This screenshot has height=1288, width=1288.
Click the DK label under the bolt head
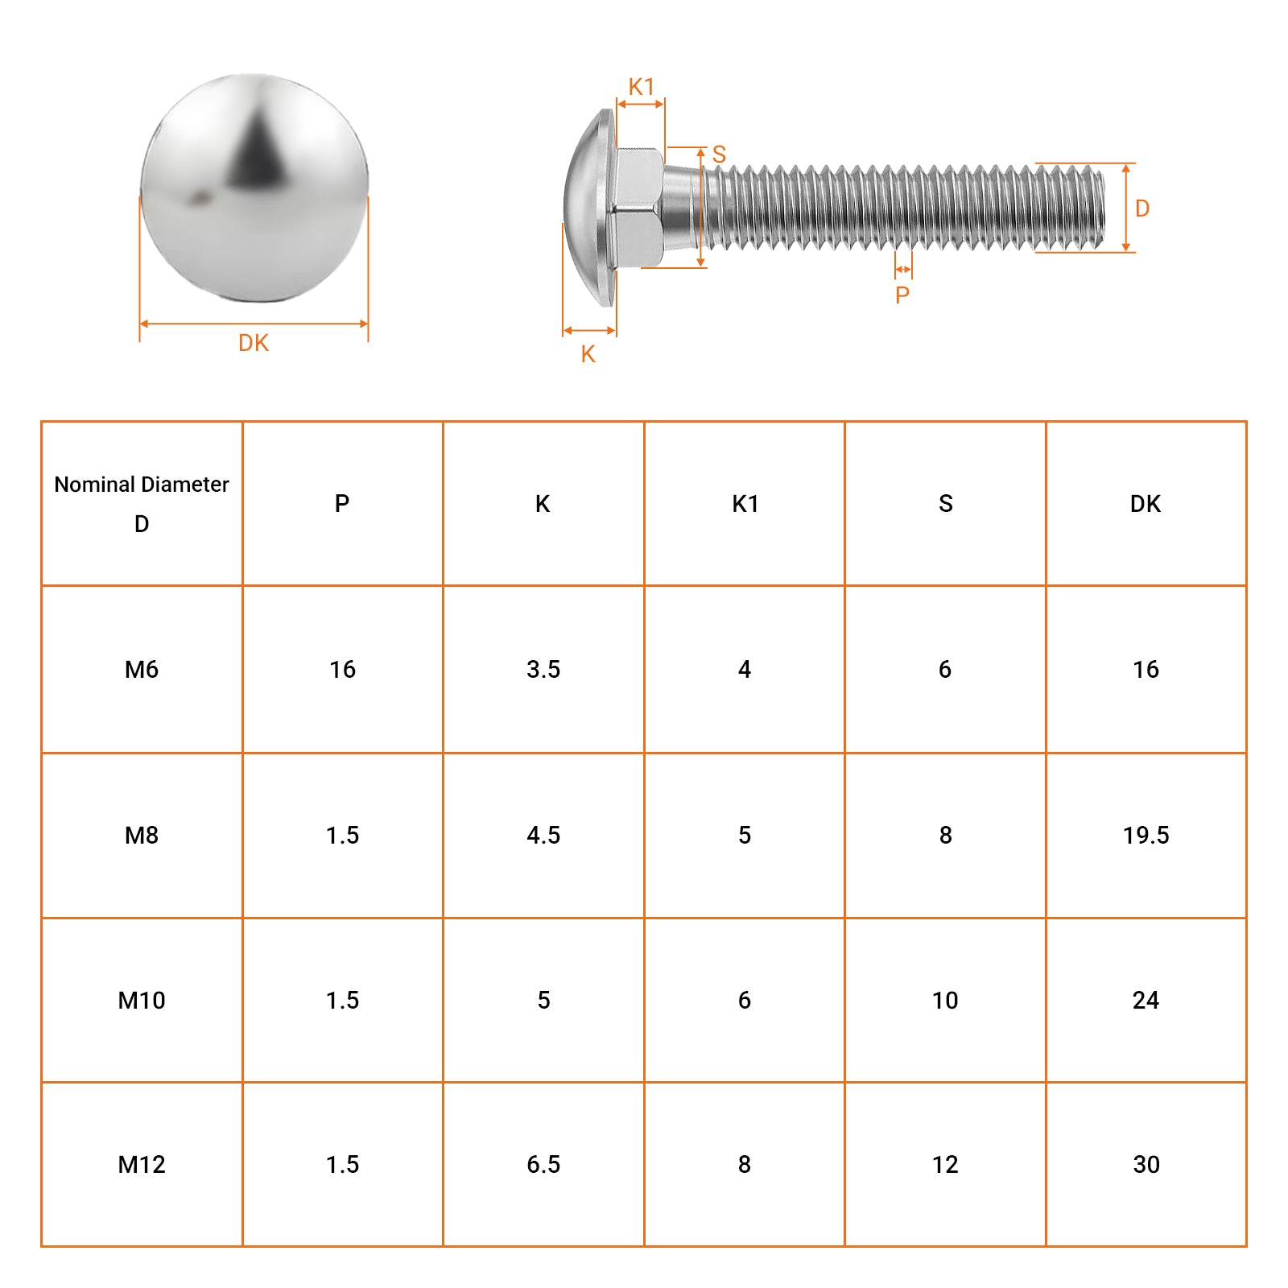254,343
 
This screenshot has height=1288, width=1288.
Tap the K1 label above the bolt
642,87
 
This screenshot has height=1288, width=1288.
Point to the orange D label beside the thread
1142,208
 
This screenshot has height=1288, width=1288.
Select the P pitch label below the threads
902,295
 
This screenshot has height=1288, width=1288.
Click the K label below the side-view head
588,354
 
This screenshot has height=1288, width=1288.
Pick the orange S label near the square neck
719,154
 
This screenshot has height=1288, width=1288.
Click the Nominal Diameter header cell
142,503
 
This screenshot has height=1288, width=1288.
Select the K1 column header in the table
745,504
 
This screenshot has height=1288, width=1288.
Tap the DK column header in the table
1146,504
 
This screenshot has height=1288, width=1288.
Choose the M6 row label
142,669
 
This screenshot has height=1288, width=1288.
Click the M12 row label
142,1164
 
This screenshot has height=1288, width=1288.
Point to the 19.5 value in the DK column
1146,835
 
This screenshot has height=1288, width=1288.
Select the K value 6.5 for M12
543,1164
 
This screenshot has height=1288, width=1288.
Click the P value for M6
342,669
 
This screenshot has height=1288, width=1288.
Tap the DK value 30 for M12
1146,1164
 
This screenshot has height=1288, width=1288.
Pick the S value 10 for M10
945,1000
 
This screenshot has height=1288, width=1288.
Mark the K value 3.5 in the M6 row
543,669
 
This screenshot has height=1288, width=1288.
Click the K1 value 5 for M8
745,835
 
